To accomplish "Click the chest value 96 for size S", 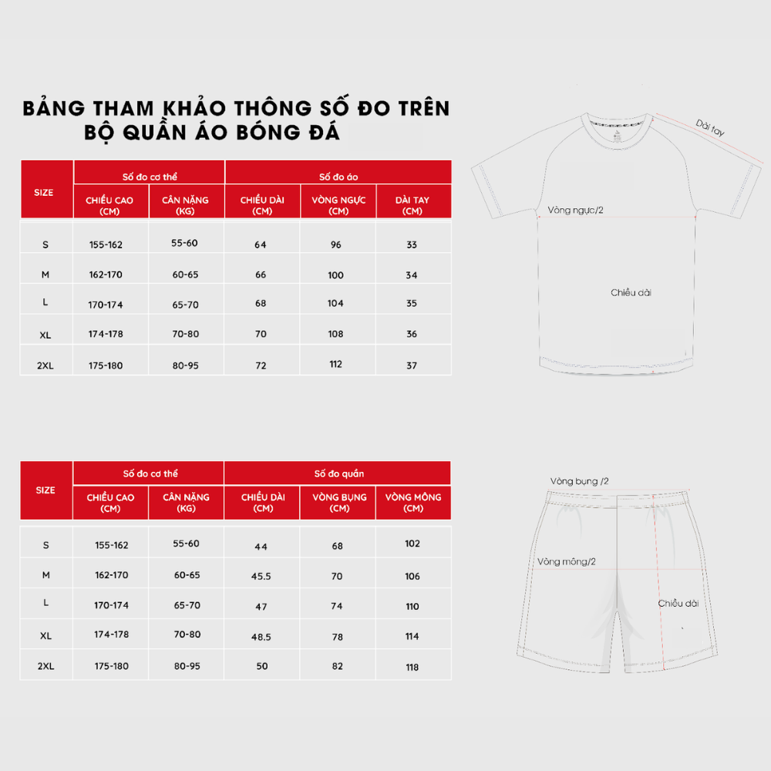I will (x=335, y=244).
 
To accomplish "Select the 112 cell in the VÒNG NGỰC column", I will (x=335, y=365).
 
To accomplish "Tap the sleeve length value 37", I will (x=412, y=365).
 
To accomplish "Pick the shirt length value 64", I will (x=261, y=244).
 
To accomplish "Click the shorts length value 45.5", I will (x=261, y=576).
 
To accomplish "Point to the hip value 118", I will (x=412, y=666).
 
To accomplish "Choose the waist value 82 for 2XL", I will (x=337, y=666).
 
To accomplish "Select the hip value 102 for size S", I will (x=412, y=544).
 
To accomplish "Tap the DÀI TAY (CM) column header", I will (x=412, y=205).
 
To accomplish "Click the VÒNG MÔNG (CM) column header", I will (x=413, y=502).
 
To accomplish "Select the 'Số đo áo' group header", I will (x=338, y=177).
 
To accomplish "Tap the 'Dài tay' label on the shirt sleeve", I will (x=710, y=127).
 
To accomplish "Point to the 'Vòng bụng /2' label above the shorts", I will (x=579, y=481).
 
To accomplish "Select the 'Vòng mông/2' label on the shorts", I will (x=567, y=561).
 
